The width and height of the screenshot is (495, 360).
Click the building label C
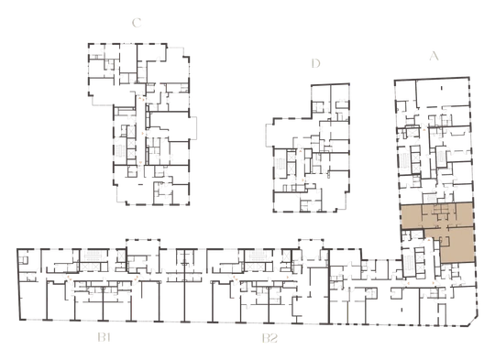[137, 23]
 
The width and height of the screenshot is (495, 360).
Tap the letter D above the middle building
[315, 63]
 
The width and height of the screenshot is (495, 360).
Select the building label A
[434, 56]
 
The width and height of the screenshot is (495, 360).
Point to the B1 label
[104, 338]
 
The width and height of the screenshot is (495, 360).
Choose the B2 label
[269, 338]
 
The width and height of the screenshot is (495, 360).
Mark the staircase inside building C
[120, 152]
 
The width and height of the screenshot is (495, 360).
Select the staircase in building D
[280, 164]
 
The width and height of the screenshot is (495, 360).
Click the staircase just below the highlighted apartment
[410, 264]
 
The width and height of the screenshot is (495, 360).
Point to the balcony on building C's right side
[192, 127]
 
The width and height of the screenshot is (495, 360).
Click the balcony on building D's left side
[269, 136]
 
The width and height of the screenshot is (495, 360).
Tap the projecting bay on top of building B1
[143, 245]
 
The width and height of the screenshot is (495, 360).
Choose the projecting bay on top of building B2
[311, 245]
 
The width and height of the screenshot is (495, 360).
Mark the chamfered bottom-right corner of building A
[473, 322]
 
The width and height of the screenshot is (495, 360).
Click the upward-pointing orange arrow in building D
[301, 151]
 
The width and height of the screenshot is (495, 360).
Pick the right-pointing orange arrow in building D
[303, 180]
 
